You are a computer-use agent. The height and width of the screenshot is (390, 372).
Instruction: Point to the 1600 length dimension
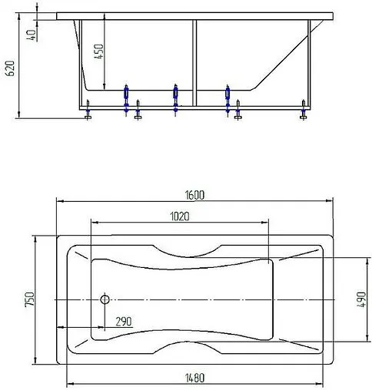194,195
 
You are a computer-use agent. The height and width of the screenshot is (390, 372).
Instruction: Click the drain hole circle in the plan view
106,299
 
